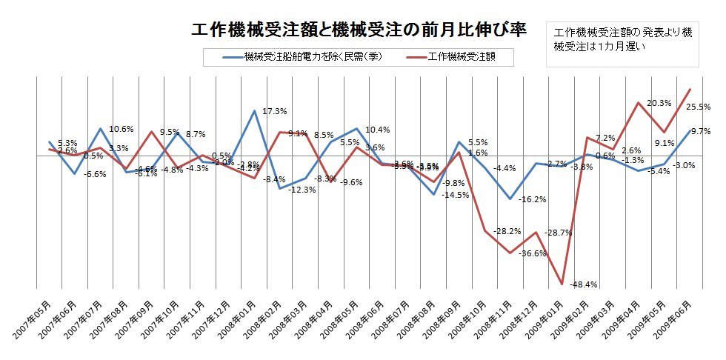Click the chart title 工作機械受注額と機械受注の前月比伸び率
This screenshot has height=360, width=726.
359,30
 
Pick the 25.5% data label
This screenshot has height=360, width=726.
699,107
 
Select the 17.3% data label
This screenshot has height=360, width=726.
275,111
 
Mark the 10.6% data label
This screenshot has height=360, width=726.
121,129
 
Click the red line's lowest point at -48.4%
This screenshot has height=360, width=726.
562,284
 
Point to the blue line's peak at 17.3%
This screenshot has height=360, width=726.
255,110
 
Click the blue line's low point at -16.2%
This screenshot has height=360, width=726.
510,199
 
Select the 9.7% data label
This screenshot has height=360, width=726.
700,131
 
